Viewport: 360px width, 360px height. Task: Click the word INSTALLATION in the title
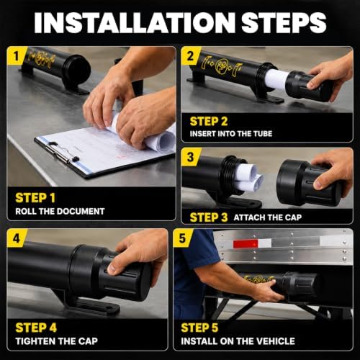tap(135, 22)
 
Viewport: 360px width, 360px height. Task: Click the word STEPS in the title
tap(284, 22)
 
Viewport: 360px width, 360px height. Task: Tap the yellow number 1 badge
tap(15, 57)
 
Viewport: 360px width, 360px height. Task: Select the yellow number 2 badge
tap(189, 56)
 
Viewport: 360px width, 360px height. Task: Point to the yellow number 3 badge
tap(190, 157)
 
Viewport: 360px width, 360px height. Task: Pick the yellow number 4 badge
tap(16, 238)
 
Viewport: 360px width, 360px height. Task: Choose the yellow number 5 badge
tap(182, 238)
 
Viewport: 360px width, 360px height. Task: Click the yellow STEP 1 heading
tap(35, 198)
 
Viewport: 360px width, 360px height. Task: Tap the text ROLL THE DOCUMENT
tap(60, 211)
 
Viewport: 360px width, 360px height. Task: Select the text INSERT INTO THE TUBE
tap(231, 134)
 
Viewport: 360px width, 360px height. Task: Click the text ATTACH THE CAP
tap(268, 217)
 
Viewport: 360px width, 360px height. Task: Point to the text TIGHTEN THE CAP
tap(57, 341)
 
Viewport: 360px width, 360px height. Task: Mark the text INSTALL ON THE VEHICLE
tap(238, 341)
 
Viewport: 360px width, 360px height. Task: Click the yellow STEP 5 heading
tap(199, 328)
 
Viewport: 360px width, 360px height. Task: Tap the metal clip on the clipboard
tap(63, 153)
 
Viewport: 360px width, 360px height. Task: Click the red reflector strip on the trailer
tap(246, 244)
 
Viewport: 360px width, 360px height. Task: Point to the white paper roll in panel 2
tap(276, 79)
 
